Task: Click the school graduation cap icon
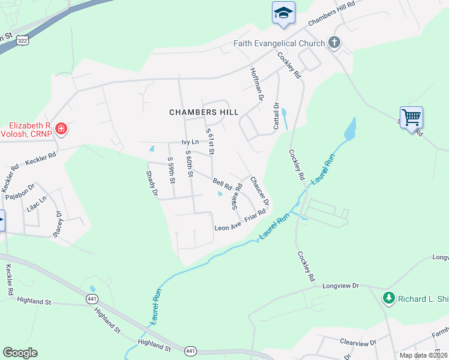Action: coord(283,13)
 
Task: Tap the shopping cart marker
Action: coord(411,116)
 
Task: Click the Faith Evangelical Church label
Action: coord(279,43)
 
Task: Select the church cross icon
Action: coord(335,43)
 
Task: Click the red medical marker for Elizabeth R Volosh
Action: coord(61,128)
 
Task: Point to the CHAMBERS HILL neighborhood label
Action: coord(204,112)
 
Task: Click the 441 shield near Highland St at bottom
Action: coord(190,350)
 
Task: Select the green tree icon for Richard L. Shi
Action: coord(389,297)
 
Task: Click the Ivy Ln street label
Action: coord(190,143)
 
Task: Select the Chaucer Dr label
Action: coord(259,190)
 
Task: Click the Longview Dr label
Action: coord(340,287)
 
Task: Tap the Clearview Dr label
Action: coord(357,343)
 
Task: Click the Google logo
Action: coord(20,352)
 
